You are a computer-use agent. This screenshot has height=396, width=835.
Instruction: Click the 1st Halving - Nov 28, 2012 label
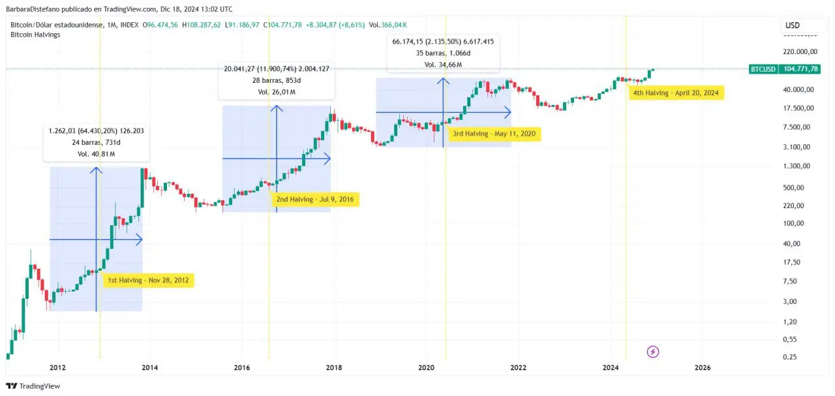[148, 281]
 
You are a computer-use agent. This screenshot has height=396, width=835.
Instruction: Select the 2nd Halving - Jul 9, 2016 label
[315, 200]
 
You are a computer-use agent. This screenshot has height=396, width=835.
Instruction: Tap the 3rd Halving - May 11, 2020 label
[494, 134]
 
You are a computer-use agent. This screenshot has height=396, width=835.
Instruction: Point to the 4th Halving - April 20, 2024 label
[676, 93]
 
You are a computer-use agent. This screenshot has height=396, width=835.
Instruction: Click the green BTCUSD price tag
[784, 69]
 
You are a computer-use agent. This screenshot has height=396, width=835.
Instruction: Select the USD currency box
[793, 25]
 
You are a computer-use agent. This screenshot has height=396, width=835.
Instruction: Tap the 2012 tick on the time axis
[58, 367]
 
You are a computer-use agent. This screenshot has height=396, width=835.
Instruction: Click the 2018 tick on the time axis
[335, 367]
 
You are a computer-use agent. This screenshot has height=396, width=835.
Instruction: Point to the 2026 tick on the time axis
[703, 367]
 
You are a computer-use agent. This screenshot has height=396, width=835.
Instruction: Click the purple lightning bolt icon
[652, 352]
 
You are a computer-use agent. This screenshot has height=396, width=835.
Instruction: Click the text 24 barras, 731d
[96, 142]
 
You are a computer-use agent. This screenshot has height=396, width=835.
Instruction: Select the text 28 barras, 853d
[276, 80]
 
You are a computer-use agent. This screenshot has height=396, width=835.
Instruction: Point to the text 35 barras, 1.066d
[443, 53]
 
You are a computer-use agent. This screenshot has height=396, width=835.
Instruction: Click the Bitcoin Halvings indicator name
[36, 35]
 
